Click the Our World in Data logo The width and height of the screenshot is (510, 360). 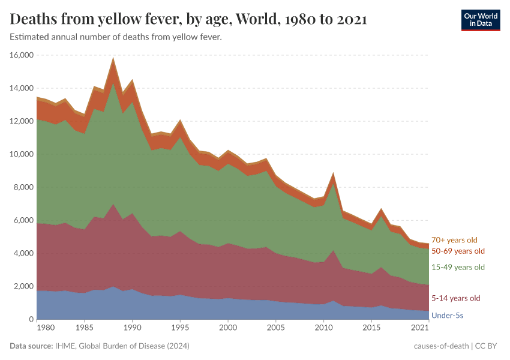480,20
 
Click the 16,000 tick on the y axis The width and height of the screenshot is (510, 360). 21,55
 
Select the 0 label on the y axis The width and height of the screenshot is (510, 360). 29,319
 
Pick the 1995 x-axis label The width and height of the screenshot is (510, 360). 180,328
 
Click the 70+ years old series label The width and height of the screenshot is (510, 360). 454,240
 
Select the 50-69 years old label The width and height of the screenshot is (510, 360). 458,251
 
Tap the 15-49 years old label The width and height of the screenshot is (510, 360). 458,267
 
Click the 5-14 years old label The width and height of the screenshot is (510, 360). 456,298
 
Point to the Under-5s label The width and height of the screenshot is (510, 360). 447,314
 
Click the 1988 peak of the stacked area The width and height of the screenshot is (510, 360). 113,58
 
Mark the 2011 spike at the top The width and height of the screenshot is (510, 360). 333,174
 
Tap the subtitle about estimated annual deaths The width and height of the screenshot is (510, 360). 116,37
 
